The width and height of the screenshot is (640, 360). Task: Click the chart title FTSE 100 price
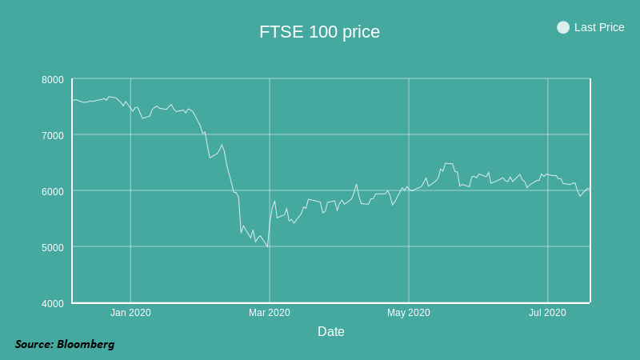pos(319,32)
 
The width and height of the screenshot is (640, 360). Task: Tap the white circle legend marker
pos(563,27)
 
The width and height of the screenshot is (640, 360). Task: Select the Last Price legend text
pos(599,27)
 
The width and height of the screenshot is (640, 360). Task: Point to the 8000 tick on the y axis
pos(53,80)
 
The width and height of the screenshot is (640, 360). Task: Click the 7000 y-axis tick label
pos(53,136)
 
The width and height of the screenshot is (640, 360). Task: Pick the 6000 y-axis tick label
pos(53,192)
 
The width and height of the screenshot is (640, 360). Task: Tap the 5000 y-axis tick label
pos(53,248)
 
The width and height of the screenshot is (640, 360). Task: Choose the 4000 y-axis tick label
pos(53,304)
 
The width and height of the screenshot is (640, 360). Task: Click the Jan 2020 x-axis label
pos(130,313)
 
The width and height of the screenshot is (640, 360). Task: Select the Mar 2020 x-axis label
pos(270,313)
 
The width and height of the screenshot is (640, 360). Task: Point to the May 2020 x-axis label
pos(409,313)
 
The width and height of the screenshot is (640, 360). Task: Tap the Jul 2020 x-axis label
pos(547,313)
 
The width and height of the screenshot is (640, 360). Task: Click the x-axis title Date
pos(331,331)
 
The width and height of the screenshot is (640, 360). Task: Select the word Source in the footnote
pos(34,344)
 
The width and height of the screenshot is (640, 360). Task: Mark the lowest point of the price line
pos(267,246)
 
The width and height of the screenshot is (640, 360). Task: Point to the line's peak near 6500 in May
pos(447,163)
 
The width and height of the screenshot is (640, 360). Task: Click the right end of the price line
pos(589,189)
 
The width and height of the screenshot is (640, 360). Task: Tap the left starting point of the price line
pos(73,100)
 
